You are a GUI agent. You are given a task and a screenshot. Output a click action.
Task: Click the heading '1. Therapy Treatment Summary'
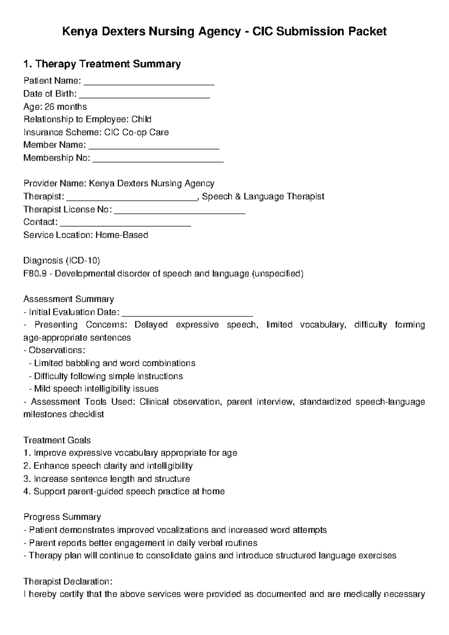tap(102, 64)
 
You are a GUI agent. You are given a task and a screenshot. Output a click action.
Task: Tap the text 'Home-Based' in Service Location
tap(122, 235)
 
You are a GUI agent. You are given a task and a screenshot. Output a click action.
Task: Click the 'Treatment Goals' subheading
tap(57, 440)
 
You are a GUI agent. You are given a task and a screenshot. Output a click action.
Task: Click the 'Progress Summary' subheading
tap(62, 517)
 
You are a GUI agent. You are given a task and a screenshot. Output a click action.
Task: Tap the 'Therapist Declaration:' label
tap(68, 581)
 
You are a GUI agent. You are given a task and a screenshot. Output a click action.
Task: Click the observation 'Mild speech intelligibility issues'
tap(96, 389)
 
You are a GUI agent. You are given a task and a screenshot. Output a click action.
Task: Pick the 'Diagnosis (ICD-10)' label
tap(61, 260)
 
